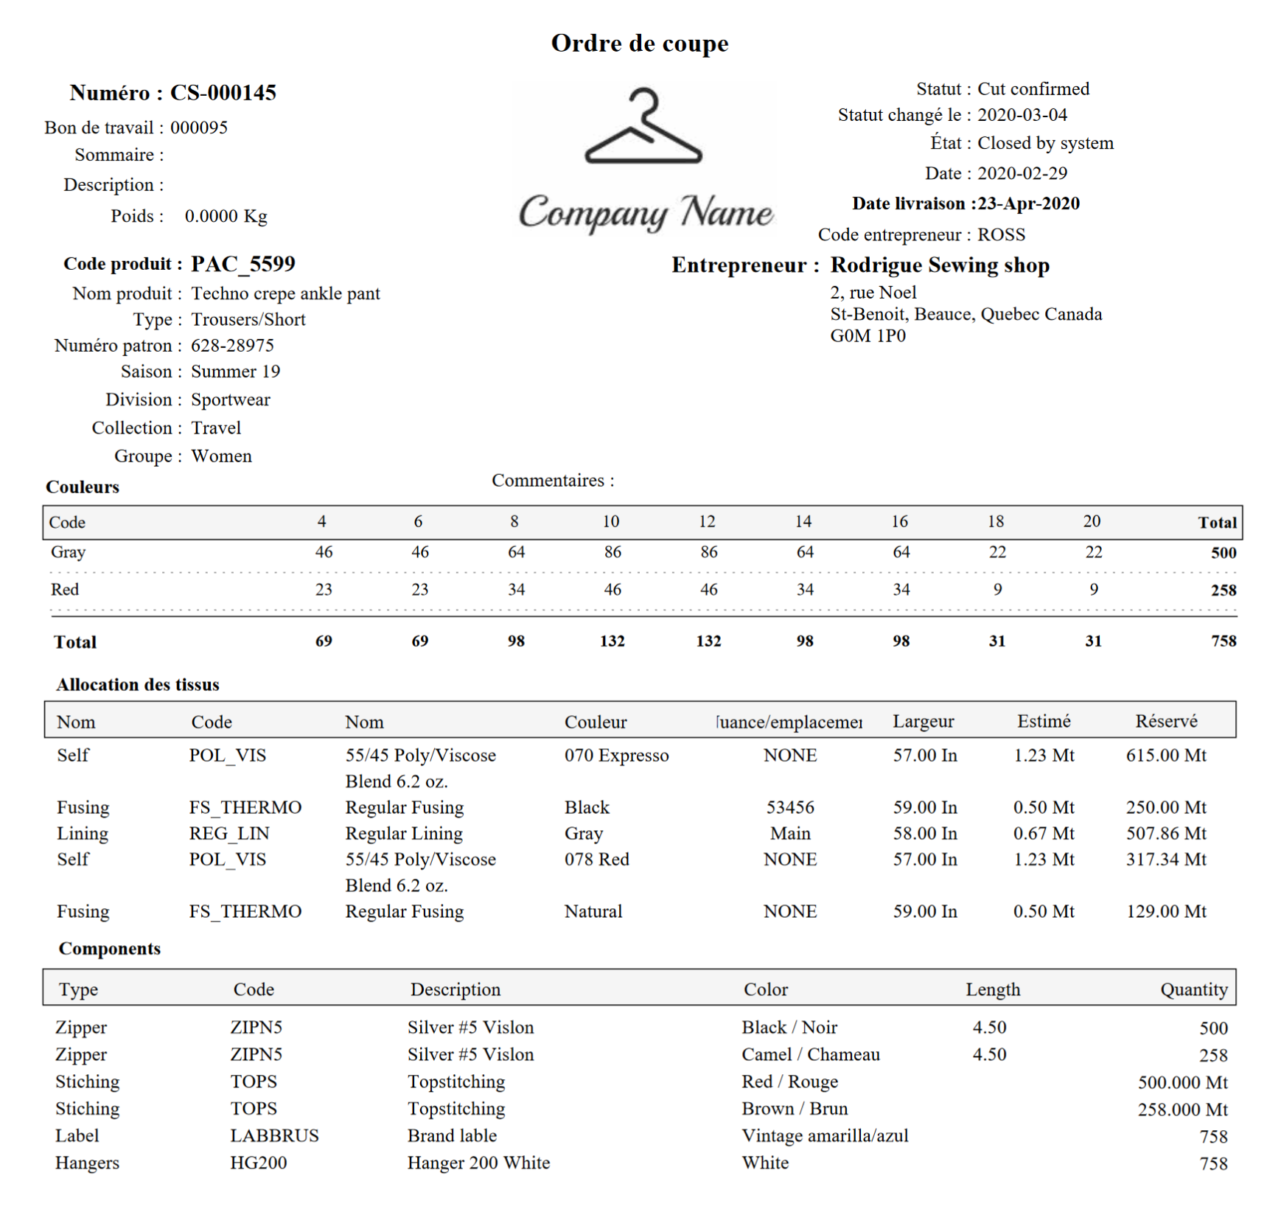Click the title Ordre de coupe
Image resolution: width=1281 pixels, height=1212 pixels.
coord(639,43)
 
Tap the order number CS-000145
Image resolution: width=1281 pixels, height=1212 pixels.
coord(223,93)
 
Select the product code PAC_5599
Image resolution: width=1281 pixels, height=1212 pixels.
coord(242,264)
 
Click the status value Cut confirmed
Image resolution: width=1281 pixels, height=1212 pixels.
coord(1033,89)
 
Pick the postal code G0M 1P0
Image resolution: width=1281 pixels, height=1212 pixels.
coord(868,336)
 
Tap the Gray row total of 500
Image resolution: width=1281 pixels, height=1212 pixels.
coord(1223,553)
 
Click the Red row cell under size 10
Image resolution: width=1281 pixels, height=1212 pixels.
coord(612,590)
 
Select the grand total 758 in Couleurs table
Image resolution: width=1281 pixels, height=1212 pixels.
coord(1223,641)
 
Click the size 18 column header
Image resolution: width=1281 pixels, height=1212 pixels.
coord(995,522)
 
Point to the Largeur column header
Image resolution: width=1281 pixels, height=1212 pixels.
coord(923,722)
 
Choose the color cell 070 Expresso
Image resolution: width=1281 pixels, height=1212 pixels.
coord(616,756)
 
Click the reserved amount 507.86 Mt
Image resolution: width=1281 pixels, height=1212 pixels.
coord(1165,834)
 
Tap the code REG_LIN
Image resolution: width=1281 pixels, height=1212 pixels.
coord(229,834)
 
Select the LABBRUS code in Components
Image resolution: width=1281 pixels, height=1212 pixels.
coord(274,1136)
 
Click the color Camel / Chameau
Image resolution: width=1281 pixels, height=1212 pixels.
coord(810,1055)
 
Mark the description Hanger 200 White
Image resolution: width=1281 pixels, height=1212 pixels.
coord(478,1163)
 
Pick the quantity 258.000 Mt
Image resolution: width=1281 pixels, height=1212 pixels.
coord(1182,1110)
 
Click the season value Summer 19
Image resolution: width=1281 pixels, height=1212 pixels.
coord(235,372)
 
